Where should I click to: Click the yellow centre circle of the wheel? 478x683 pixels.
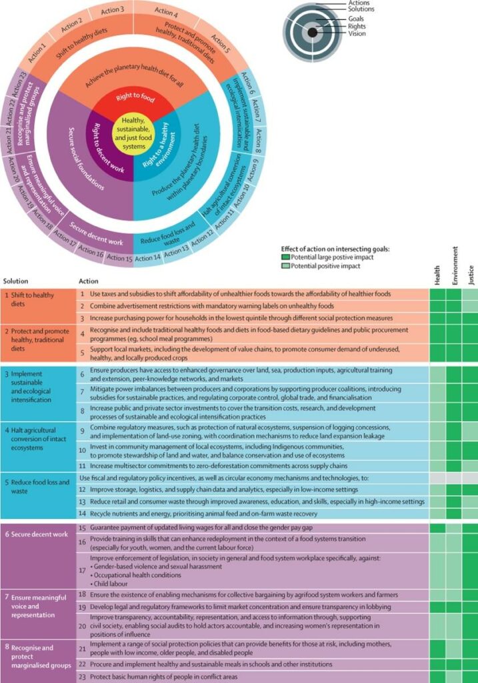point(133,132)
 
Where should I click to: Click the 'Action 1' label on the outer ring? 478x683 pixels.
point(37,53)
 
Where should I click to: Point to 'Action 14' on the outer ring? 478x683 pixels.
point(147,258)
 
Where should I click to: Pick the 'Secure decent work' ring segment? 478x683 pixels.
point(97,234)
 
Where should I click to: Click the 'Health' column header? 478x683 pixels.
point(437,275)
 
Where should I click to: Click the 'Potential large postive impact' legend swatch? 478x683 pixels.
point(285,257)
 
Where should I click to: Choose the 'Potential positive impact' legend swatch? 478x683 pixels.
point(285,265)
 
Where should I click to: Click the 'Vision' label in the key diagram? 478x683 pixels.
point(357,33)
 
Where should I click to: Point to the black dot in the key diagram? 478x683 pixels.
point(312,32)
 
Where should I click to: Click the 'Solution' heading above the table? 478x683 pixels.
point(16,281)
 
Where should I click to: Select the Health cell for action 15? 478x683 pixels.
point(437,528)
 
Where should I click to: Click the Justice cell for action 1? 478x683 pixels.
point(470,294)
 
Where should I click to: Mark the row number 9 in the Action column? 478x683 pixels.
point(82,432)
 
